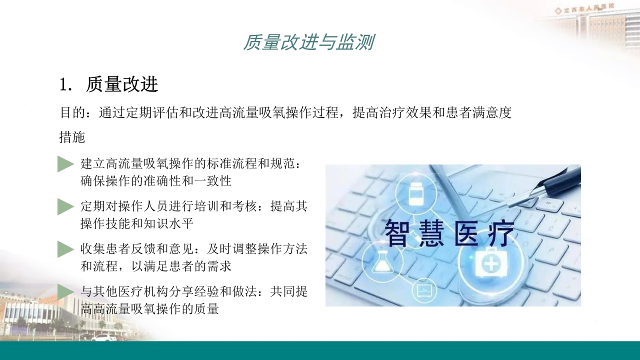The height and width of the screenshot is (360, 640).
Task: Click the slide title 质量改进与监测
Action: click(x=308, y=42)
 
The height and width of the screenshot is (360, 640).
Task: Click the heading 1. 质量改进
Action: click(x=109, y=84)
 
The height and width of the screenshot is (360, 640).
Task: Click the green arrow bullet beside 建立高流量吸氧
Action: click(x=65, y=164)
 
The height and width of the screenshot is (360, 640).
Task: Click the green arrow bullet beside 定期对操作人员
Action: click(x=65, y=206)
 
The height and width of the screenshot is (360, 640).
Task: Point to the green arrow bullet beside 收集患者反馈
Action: click(x=65, y=249)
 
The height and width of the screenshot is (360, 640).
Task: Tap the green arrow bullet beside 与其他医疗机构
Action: click(x=65, y=291)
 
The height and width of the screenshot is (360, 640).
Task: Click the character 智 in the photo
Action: click(x=397, y=233)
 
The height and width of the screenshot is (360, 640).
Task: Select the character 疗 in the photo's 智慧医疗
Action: click(x=500, y=233)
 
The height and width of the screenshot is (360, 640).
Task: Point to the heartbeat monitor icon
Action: click(x=423, y=289)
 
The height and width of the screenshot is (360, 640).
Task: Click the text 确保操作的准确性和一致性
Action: click(x=156, y=180)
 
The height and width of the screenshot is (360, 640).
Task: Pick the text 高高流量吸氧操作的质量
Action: click(x=150, y=308)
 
